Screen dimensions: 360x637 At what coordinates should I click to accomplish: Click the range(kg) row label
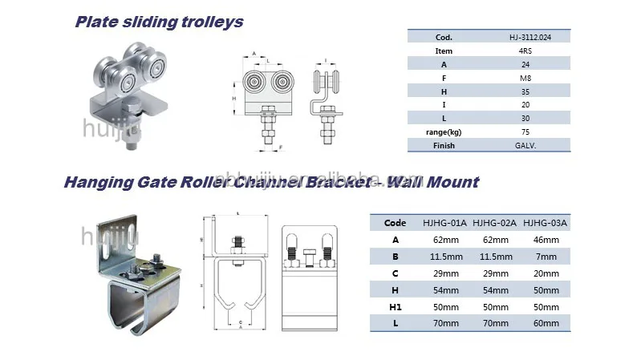coord(444,132)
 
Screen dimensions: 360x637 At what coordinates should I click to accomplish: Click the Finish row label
coord(444,146)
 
